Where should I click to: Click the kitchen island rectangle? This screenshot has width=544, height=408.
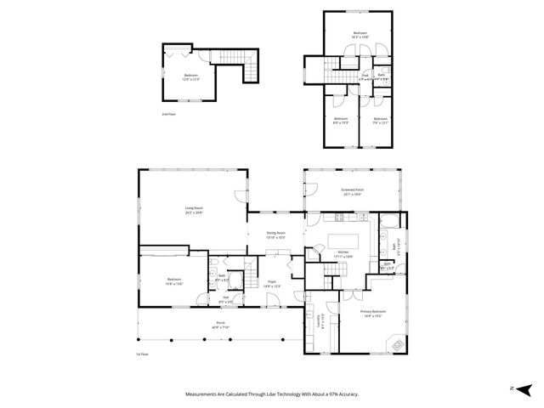coord(347,240)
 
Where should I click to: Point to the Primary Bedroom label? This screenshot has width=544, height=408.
coord(372,313)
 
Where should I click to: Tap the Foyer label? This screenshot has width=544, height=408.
coord(272,283)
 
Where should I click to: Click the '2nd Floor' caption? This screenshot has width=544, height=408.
coord(168,113)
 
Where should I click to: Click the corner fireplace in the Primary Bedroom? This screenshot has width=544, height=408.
coord(394,342)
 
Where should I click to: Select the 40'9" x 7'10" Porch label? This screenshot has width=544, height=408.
coord(220,326)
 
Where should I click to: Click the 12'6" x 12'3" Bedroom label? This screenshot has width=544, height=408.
coord(191,76)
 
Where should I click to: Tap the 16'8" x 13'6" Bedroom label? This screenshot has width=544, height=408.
coord(173,281)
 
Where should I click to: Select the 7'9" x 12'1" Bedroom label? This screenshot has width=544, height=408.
coord(380,121)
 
